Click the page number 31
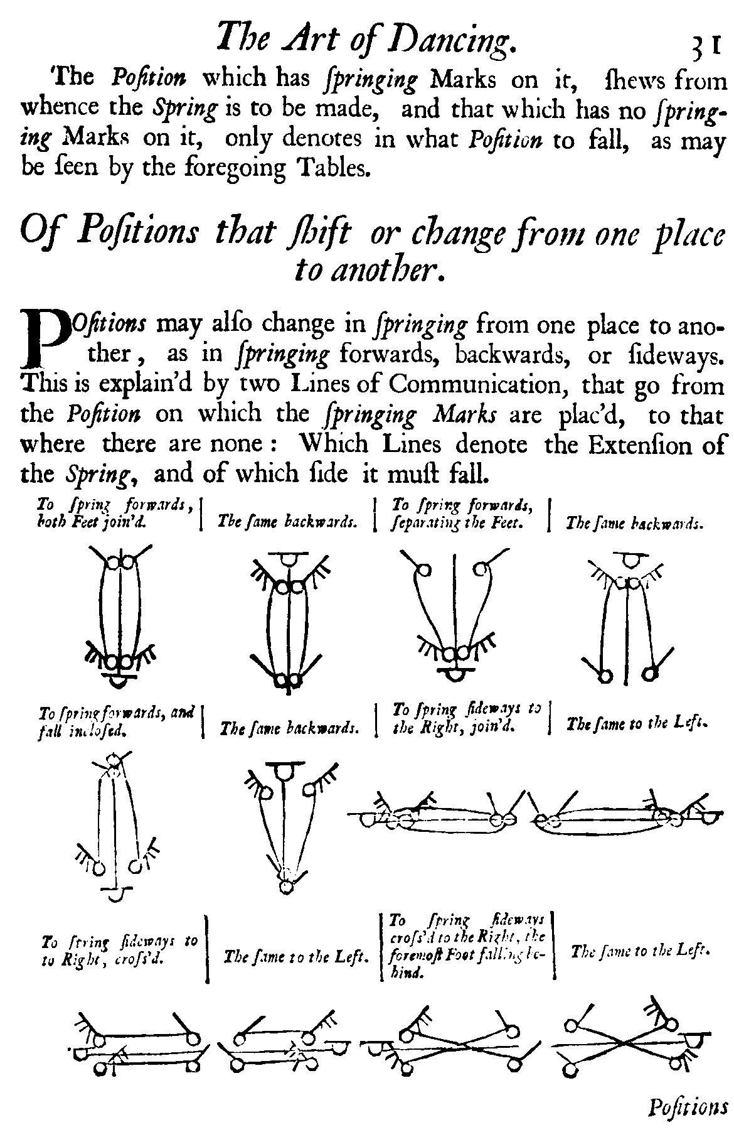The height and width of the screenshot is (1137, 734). click(x=706, y=45)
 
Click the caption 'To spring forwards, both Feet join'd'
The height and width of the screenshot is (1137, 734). click(x=113, y=512)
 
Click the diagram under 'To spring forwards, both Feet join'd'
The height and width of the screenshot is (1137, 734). click(x=120, y=615)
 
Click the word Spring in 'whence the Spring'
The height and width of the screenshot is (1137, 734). click(x=186, y=108)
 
